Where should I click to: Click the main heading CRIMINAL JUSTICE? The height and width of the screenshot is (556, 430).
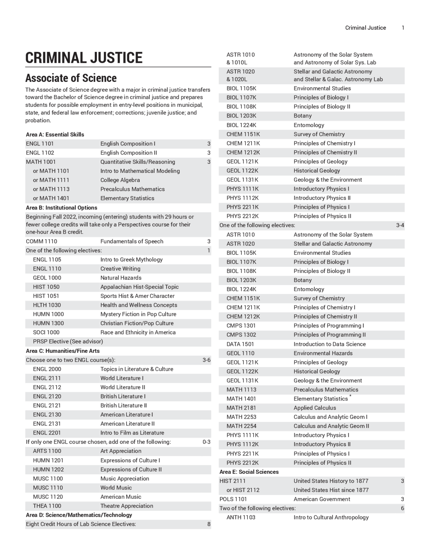84,58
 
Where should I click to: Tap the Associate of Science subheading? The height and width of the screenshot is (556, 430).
71,78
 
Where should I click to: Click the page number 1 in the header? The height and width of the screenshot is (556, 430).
403,28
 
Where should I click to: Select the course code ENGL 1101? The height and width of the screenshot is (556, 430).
40,144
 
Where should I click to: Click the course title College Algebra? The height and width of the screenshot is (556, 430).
120,180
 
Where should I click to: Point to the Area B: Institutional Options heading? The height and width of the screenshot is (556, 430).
61,207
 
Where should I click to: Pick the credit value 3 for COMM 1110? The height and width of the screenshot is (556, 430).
209,241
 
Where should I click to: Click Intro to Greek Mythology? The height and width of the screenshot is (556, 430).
131,260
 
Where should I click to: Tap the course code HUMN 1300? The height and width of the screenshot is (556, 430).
48,323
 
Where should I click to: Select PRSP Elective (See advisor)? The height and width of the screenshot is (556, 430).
68,341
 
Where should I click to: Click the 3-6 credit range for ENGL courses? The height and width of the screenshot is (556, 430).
206,360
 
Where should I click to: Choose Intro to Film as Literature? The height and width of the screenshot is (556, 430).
132,433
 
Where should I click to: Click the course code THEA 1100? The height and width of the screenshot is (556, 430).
47,506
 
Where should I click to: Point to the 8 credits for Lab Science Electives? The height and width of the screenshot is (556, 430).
209,524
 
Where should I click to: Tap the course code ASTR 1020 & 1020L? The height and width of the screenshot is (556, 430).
241,75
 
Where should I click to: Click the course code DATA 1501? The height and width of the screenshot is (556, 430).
240,344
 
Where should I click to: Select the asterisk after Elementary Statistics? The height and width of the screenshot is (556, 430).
350,397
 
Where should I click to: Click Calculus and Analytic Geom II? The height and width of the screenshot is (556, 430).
331,426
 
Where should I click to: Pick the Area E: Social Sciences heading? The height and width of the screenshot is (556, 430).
249,472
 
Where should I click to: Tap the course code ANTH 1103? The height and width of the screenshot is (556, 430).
241,517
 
